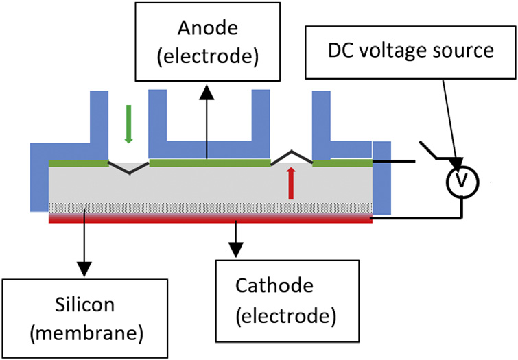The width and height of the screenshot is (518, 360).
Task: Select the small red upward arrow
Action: point(291,183)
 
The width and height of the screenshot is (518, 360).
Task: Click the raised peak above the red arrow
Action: point(292,154)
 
